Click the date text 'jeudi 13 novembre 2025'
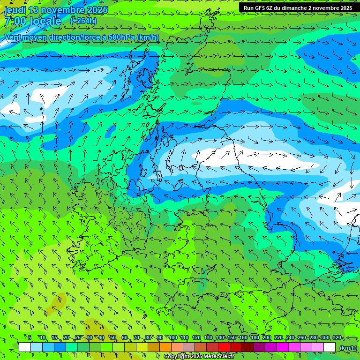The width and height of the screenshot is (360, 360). [x=56, y=10]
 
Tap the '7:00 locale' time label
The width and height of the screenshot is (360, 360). [x=32, y=21]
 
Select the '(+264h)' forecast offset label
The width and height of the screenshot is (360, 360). [x=83, y=21]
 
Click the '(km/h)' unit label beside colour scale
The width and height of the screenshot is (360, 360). [x=348, y=348]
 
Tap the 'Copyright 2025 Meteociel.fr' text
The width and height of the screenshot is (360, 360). [x=199, y=357]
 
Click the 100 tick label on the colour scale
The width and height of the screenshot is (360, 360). [x=172, y=337]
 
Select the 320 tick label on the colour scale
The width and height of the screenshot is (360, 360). [x=337, y=337]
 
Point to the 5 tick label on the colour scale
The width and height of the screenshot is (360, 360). [x=30, y=337]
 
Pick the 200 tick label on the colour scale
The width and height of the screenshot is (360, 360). [x=267, y=337]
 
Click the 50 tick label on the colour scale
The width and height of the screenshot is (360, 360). [x=113, y=337]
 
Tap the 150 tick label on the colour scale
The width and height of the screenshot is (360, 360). [x=232, y=337]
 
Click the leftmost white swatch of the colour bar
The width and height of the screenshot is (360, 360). [x=25, y=347]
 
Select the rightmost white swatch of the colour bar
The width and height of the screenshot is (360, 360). [x=330, y=347]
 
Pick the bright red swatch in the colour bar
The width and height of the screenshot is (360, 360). [x=224, y=347]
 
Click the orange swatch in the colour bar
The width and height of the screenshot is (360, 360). [x=165, y=347]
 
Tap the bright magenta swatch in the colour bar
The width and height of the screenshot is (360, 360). [x=283, y=347]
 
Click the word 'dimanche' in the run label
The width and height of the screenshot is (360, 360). [x=293, y=8]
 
